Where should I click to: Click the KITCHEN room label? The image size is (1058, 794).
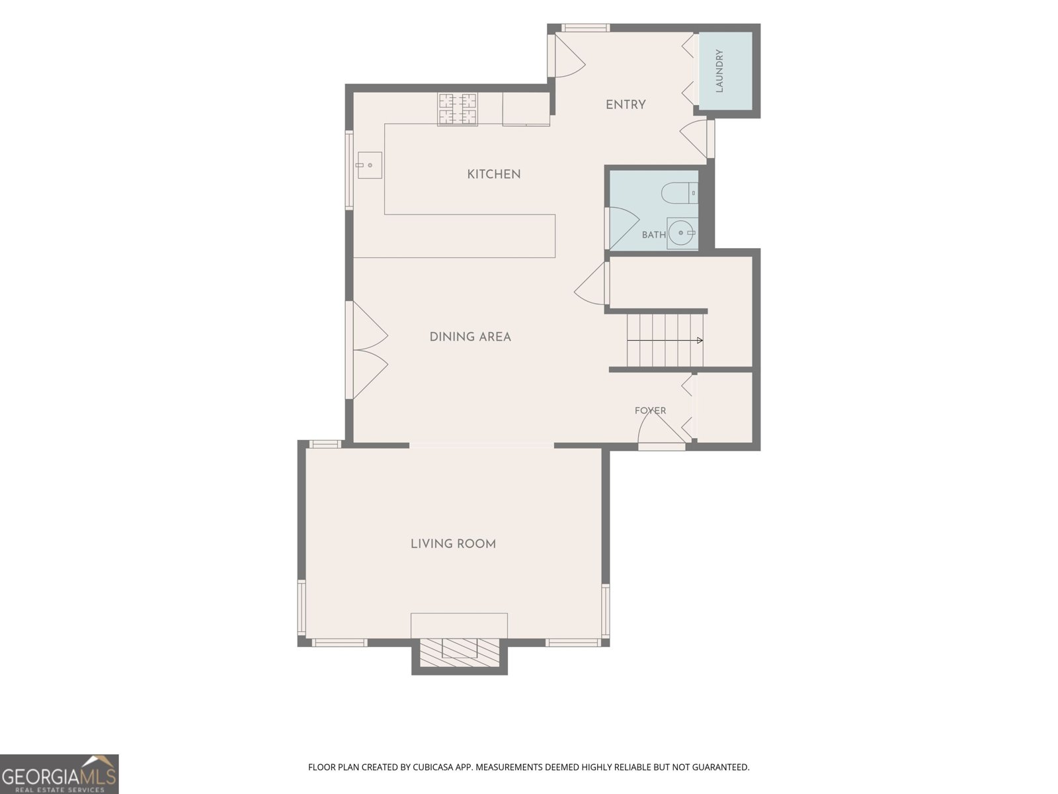tap(493, 174)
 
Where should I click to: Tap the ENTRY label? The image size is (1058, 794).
tap(625, 105)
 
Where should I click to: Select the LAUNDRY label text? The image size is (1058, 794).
tap(719, 70)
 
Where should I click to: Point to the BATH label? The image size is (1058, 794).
tap(653, 235)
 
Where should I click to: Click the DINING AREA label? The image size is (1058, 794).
tap(470, 337)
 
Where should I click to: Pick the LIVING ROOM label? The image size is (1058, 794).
tap(453, 544)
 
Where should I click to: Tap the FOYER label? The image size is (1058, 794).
tap(650, 410)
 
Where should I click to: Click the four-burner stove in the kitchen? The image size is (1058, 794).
tap(458, 109)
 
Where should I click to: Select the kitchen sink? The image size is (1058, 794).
tap(369, 165)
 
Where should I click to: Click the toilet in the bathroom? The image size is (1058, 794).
tap(680, 193)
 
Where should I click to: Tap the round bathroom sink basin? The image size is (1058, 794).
tap(681, 233)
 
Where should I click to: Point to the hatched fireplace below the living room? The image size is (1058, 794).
tap(459, 653)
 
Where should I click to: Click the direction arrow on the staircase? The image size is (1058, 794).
tap(665, 340)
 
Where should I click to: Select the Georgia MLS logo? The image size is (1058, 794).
tap(60, 774)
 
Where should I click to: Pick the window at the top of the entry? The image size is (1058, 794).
tap(586, 28)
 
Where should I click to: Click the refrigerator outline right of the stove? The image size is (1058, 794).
tap(526, 109)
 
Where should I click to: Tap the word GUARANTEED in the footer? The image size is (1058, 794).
tap(721, 767)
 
